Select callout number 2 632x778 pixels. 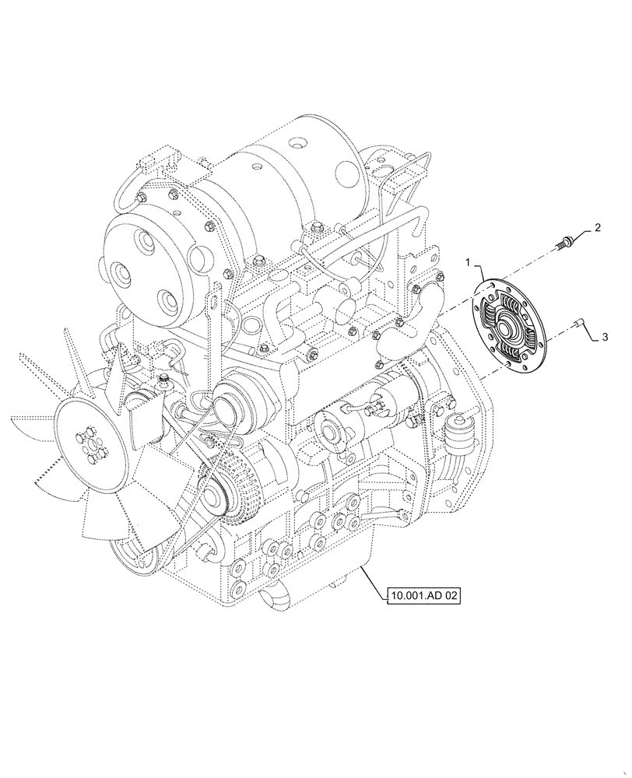pos(598,227)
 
